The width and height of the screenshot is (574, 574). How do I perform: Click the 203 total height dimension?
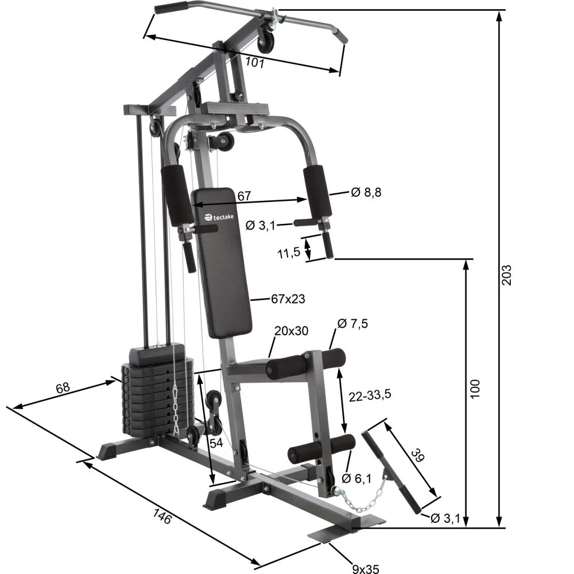506,274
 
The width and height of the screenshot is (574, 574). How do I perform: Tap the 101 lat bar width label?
254,62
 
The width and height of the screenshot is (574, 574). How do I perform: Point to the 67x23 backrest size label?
288,298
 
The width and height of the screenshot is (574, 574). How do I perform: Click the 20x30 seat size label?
291,331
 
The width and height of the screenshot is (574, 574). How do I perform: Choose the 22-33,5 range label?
370,395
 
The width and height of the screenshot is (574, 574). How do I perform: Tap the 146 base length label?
162,515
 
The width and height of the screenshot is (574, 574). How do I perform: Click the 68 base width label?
63,388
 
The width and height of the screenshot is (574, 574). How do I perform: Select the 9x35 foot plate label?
365,569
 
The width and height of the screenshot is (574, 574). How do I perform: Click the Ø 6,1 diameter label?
356,478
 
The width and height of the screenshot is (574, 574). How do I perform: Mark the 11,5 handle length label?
289,252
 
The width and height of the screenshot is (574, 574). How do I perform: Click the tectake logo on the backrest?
220,217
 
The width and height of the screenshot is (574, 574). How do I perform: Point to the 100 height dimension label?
475,389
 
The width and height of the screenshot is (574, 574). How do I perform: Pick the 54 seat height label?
216,443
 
